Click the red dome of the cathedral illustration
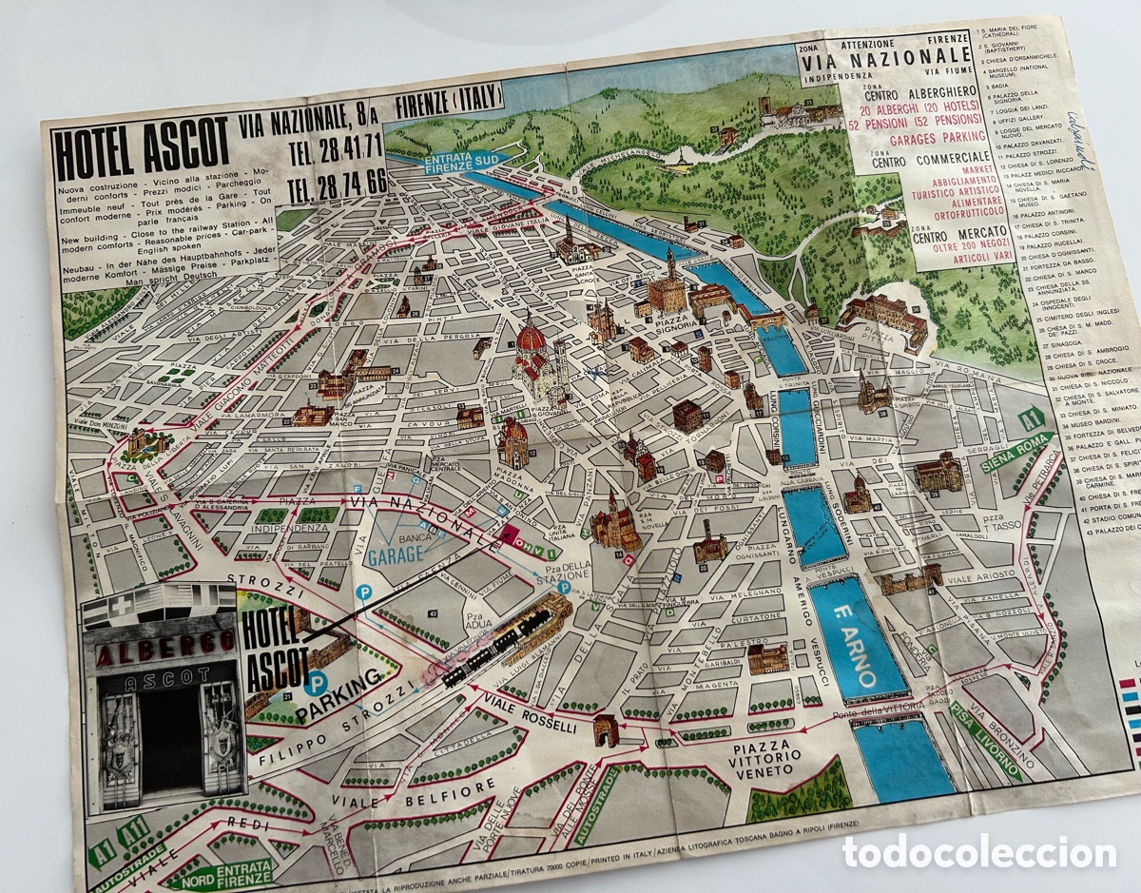531,339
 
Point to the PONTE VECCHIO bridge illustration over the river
761,318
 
